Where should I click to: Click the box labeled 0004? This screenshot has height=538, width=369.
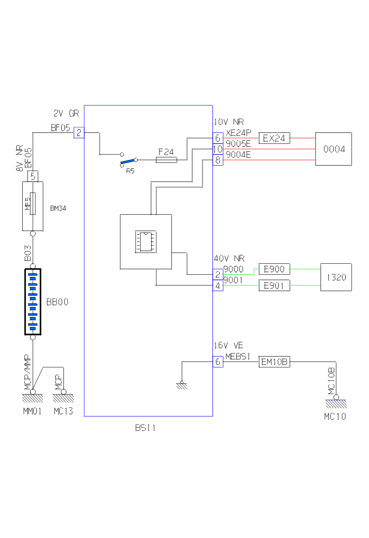[x=333, y=149]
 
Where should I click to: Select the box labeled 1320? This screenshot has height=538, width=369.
[x=336, y=277]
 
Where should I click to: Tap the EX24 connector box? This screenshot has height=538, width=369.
[x=274, y=138]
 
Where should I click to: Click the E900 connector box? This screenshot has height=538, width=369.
[x=274, y=270]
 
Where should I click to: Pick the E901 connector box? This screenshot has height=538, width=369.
[x=274, y=286]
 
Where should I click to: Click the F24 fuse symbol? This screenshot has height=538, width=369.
[x=167, y=159]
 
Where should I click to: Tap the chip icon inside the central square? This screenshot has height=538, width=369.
[x=145, y=241]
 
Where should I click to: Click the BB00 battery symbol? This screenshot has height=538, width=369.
[x=33, y=302]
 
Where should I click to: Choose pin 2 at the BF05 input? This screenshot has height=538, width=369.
[x=79, y=132]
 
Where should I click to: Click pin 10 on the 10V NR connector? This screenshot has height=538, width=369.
[x=218, y=150]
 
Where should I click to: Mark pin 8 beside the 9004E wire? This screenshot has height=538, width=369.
[x=218, y=160]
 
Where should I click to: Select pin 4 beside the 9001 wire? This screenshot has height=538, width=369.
[x=218, y=286]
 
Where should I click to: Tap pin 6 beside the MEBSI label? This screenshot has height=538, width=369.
[x=218, y=362]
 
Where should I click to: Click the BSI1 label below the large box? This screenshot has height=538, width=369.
[x=145, y=428]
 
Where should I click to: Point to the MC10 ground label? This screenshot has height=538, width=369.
[x=335, y=417]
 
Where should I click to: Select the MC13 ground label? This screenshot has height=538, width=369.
[x=63, y=411]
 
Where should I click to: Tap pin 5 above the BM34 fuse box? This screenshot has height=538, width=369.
[x=33, y=176]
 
